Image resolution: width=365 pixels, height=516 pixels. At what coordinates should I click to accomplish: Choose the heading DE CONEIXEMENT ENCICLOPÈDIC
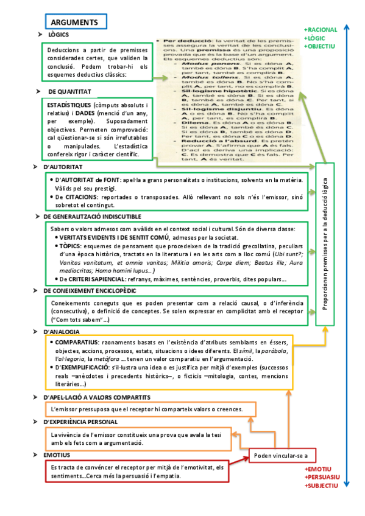point(90,291)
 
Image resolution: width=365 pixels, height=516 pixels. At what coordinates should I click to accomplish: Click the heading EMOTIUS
point(57,455)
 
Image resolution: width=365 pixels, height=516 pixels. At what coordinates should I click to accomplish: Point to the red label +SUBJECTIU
point(321,486)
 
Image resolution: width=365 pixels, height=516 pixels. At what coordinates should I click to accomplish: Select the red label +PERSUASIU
point(322,478)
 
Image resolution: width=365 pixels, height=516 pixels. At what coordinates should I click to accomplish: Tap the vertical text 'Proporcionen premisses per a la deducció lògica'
point(325,243)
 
